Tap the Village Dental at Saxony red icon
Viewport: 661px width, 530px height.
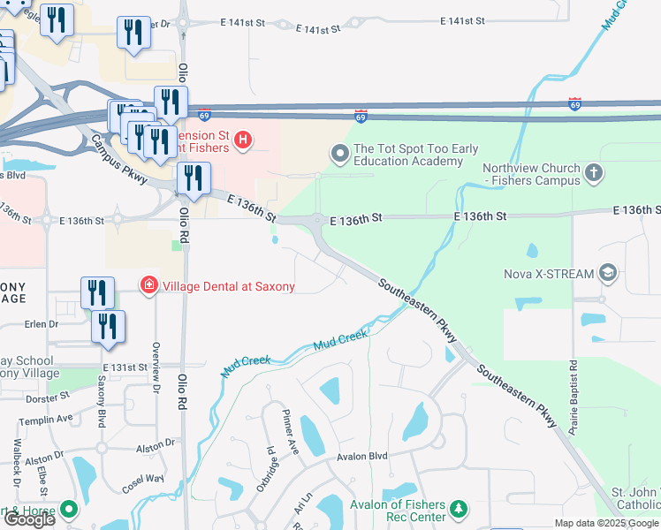click(x=149, y=284)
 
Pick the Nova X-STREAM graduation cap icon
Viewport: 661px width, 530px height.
click(x=607, y=273)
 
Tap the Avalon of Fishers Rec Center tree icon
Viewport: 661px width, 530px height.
click(x=458, y=509)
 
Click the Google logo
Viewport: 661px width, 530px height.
click(x=28, y=519)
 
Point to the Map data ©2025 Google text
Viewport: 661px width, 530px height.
click(x=606, y=523)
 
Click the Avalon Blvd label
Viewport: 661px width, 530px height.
click(x=362, y=457)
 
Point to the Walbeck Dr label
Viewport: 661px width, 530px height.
click(x=17, y=459)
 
